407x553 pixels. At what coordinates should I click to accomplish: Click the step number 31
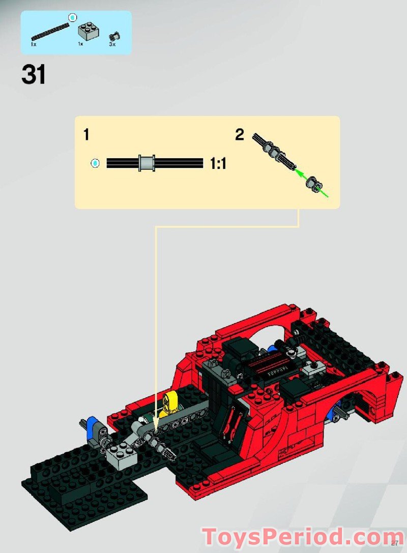click(34, 75)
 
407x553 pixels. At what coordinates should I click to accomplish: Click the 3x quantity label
click(112, 45)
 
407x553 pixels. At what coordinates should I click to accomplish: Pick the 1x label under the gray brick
click(80, 45)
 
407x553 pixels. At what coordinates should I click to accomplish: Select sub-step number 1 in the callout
click(86, 135)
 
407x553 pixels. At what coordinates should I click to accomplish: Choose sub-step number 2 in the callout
click(240, 135)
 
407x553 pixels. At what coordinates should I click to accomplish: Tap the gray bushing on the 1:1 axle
click(147, 163)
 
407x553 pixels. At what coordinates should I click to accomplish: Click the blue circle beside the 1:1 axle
click(95, 163)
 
